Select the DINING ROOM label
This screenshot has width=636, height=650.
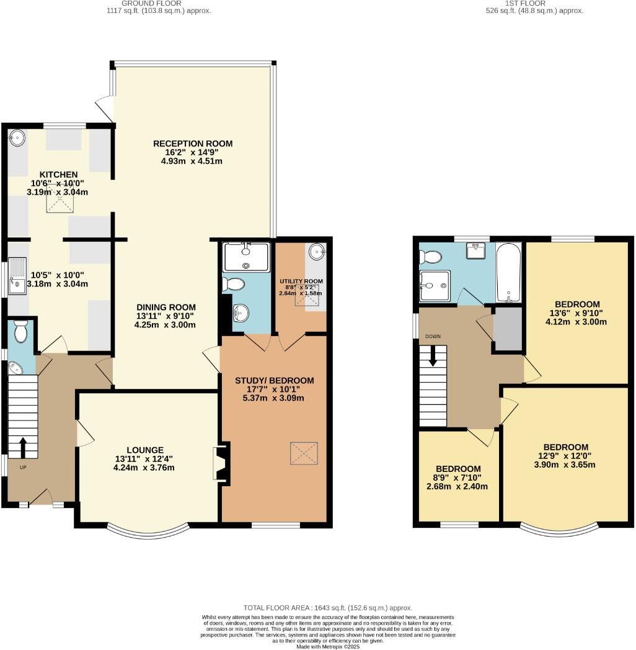pyautogui.click(x=166, y=306)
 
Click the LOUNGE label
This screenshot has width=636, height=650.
pyautogui.click(x=145, y=450)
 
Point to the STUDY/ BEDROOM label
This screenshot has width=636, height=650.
pyautogui.click(x=274, y=380)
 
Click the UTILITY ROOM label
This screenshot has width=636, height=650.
pyautogui.click(x=301, y=281)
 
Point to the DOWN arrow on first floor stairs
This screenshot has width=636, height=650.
pyautogui.click(x=433, y=354)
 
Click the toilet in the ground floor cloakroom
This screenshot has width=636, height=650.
pyautogui.click(x=20, y=332)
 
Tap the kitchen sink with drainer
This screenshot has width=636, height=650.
pyautogui.click(x=17, y=276)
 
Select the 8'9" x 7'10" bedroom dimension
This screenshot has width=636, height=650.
pyautogui.click(x=458, y=478)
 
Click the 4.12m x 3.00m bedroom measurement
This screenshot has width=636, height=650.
pyautogui.click(x=576, y=322)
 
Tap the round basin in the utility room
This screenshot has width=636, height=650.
pyautogui.click(x=317, y=252)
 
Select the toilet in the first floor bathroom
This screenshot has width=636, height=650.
pyautogui.click(x=430, y=256)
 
